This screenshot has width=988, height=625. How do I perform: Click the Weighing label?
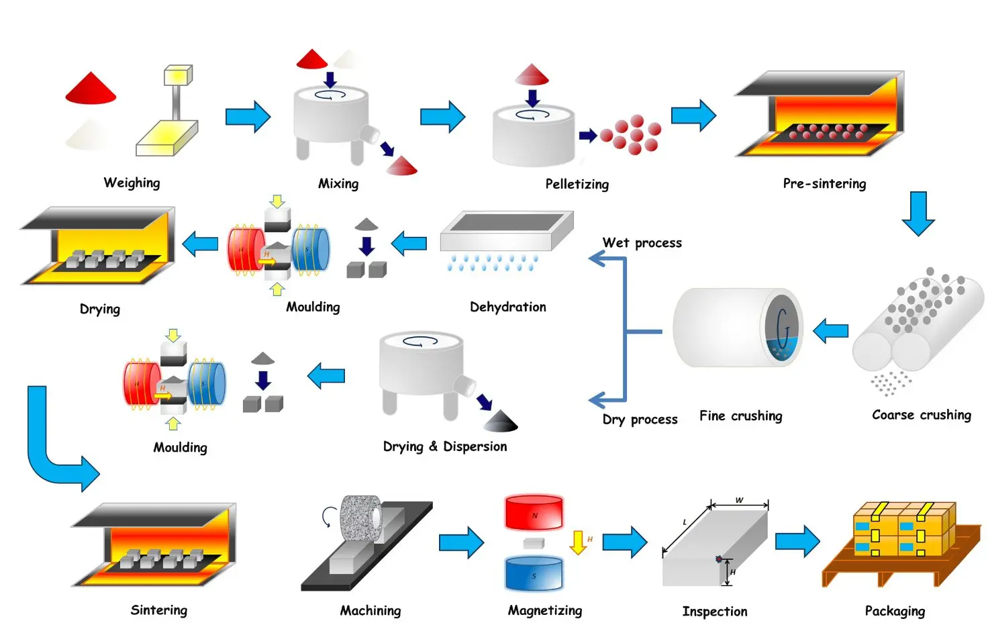coord(132,183)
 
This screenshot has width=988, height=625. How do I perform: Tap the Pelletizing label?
coord(577,184)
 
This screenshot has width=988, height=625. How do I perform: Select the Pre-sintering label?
coord(824,183)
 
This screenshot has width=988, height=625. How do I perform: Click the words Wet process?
coord(642,242)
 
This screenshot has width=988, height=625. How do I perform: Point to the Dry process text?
coord(640,419)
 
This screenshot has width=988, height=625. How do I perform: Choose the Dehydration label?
coord(507,307)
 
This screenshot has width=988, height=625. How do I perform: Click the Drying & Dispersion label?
coord(445,446)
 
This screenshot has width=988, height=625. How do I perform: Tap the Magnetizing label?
coord(545,610)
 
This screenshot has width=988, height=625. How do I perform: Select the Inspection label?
coord(715,612)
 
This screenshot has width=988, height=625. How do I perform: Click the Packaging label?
coord(895,611)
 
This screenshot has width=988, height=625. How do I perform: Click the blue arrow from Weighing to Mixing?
coord(248,117)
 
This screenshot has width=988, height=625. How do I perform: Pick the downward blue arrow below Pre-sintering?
coord(918,214)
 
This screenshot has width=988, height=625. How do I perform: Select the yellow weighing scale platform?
coord(166,138)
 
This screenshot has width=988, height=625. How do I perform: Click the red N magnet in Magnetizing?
coord(534,512)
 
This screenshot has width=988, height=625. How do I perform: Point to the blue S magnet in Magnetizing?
coord(534,573)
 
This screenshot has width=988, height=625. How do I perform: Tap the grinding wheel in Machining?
coord(361,518)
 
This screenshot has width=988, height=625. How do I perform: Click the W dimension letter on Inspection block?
coord(739,499)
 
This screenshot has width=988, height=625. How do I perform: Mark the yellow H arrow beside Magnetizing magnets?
coord(577,542)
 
